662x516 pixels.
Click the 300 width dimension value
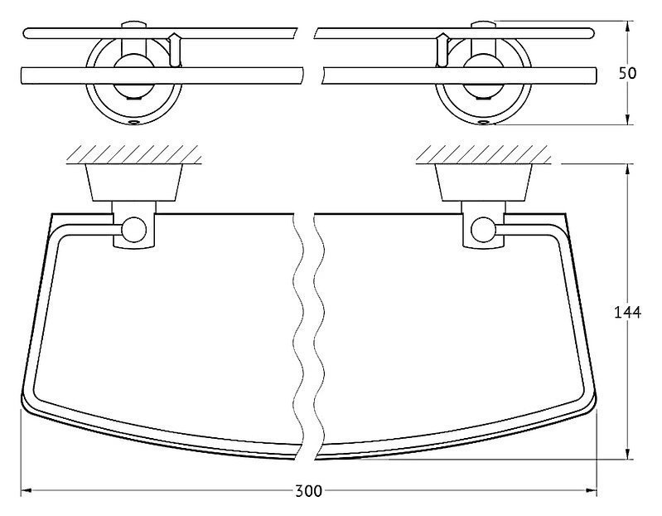pos(308,491)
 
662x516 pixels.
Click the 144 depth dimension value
pos(627,312)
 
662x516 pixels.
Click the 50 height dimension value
pos(627,73)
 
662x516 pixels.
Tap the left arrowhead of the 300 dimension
pos(27,491)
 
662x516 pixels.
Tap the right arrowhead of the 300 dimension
pos(591,491)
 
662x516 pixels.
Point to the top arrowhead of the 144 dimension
pos(628,169)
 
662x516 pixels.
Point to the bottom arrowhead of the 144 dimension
pos(628,453)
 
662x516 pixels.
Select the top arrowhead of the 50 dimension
pos(628,27)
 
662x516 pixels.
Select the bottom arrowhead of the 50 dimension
pos(628,119)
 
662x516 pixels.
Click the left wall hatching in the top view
pos(134,154)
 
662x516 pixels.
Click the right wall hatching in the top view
pos(483,154)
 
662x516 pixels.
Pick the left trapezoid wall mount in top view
pos(134,183)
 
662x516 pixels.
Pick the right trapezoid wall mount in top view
pos(483,183)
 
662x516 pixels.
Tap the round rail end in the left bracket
pos(134,230)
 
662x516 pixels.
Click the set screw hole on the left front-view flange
pos(134,123)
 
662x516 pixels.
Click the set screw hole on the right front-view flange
pos(483,123)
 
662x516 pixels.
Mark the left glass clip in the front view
pos(175,50)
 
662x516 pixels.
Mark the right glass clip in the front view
pos(442,50)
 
